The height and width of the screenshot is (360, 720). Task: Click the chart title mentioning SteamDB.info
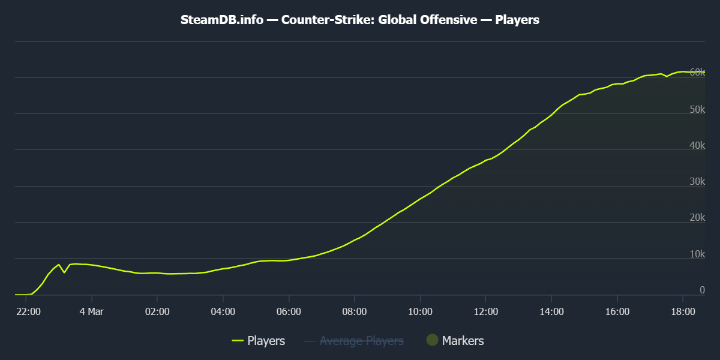[360, 20]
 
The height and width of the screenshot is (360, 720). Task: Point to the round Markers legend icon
[433, 340]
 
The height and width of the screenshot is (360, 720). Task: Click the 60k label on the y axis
[697, 72]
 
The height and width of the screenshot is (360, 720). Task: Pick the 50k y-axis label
[697, 110]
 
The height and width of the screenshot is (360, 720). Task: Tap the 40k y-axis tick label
[697, 146]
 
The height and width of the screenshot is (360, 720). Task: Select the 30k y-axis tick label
[697, 182]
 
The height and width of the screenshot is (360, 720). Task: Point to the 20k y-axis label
[697, 218]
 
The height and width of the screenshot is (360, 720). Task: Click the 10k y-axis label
[697, 255]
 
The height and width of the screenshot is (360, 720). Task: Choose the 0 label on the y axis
[702, 290]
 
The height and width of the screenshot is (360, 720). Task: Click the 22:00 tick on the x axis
[28, 311]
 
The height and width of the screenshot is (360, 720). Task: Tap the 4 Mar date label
[91, 311]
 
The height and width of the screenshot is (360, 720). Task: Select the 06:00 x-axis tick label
[289, 311]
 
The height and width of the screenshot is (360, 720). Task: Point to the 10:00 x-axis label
[420, 311]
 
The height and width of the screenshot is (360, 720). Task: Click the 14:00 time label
[551, 311]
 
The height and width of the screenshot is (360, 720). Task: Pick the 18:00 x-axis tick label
[683, 311]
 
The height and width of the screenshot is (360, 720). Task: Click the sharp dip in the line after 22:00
[64, 272]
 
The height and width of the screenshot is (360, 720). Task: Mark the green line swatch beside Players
[238, 341]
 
